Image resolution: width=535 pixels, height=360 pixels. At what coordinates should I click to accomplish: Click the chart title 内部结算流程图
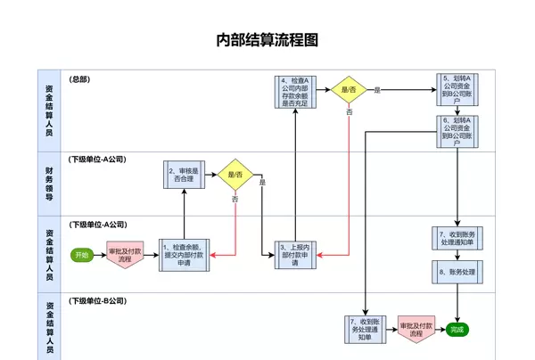tap(267, 40)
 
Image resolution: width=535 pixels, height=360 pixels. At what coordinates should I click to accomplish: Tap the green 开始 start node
tap(82, 255)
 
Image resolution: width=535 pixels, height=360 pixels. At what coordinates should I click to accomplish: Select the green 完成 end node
tap(457, 330)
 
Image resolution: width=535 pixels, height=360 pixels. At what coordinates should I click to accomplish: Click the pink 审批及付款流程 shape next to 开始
tap(125, 255)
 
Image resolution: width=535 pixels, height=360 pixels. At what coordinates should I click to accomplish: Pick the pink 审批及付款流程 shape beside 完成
tap(416, 329)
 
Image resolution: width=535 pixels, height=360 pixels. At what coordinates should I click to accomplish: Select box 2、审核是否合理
tap(184, 175)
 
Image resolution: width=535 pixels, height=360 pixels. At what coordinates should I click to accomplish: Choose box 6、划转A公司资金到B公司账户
tap(457, 131)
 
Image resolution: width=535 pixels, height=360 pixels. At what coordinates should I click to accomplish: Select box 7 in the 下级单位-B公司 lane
tap(366, 329)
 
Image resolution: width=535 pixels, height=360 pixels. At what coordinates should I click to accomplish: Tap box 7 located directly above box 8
tap(457, 237)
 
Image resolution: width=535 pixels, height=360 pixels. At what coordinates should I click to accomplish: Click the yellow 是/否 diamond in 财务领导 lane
tap(236, 175)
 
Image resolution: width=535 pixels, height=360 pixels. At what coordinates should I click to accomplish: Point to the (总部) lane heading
tap(80, 79)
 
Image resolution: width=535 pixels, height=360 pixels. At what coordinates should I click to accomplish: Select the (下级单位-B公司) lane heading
tap(98, 302)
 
